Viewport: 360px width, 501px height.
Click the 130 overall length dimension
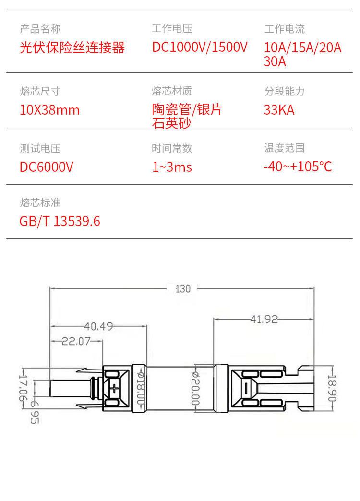183,289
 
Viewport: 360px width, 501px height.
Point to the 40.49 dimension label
98,326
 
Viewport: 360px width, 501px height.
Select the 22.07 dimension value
76,341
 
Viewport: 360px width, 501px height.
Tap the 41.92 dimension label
264,319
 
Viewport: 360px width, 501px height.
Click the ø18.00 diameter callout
140,388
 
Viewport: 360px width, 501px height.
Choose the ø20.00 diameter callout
195,388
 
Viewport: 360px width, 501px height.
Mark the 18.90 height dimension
332,388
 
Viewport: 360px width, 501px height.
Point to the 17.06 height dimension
23,388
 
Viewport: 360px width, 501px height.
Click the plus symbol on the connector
114,389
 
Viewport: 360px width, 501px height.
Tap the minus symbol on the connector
246,388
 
